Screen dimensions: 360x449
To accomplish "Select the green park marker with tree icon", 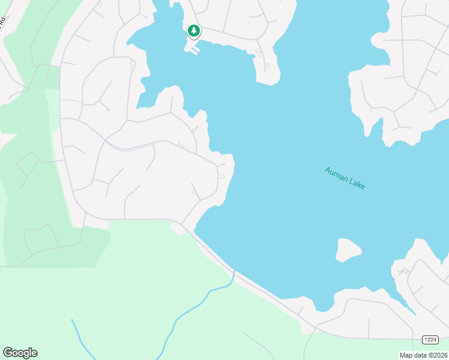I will click(x=193, y=31).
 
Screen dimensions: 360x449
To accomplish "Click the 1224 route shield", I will click(x=430, y=340).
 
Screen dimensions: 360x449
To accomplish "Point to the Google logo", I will click(x=20, y=353).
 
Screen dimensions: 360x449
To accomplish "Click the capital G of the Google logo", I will click(x=8, y=353).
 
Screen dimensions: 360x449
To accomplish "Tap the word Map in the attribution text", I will click(x=406, y=355).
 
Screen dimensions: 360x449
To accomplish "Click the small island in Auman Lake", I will click(x=348, y=250).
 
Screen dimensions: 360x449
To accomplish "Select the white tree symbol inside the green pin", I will click(x=193, y=29).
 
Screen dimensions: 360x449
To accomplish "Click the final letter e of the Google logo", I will click(x=34, y=353).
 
